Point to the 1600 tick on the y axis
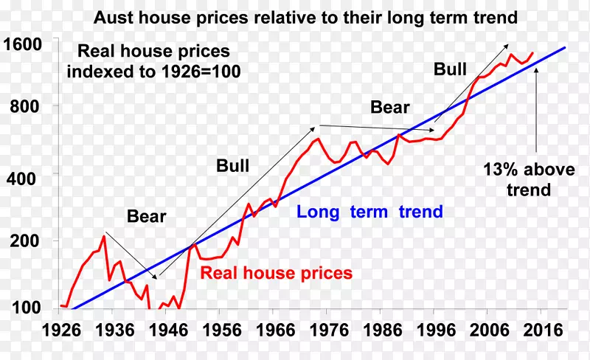(x=21, y=44)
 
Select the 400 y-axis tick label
(x=26, y=175)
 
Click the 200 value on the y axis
(x=26, y=240)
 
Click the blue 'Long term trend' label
(x=369, y=212)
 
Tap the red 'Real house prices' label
(x=277, y=273)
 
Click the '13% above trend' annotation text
(x=529, y=179)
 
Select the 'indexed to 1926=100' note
(x=153, y=72)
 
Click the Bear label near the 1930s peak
(x=147, y=217)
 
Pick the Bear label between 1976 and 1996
(x=389, y=108)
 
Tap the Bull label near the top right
(x=450, y=69)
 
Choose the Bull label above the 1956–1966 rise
(x=232, y=165)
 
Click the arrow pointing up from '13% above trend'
(x=536, y=111)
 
